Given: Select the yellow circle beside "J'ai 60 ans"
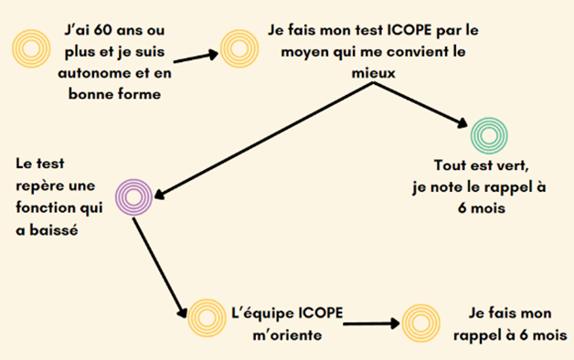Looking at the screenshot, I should (x=29, y=48).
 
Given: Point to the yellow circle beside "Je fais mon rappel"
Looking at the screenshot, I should (x=420, y=322).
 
